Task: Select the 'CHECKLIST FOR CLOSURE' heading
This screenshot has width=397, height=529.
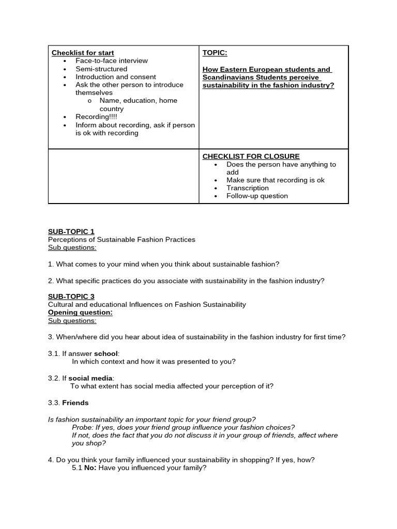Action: (x=251, y=157)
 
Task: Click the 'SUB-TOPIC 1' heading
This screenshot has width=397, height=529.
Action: (x=71, y=231)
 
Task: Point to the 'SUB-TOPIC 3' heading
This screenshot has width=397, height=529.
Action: (x=71, y=297)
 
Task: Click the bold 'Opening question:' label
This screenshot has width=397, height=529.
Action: (x=80, y=313)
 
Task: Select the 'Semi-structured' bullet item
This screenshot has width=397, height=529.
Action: (x=101, y=69)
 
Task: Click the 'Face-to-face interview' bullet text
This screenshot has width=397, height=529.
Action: (x=112, y=60)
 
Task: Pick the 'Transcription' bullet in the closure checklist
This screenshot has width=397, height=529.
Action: (x=248, y=188)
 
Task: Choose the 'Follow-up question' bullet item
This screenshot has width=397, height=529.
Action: (x=257, y=196)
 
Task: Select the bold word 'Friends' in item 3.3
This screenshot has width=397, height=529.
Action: (x=75, y=402)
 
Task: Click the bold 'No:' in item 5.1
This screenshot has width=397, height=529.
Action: (x=90, y=468)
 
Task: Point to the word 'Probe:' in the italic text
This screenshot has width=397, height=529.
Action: (x=83, y=427)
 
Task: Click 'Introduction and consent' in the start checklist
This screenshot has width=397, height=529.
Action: (x=116, y=77)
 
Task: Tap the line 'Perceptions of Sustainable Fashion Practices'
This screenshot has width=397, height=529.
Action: (x=121, y=240)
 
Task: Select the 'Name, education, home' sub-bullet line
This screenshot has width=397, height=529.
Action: (x=138, y=101)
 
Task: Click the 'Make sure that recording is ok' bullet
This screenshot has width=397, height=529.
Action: (x=275, y=180)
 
